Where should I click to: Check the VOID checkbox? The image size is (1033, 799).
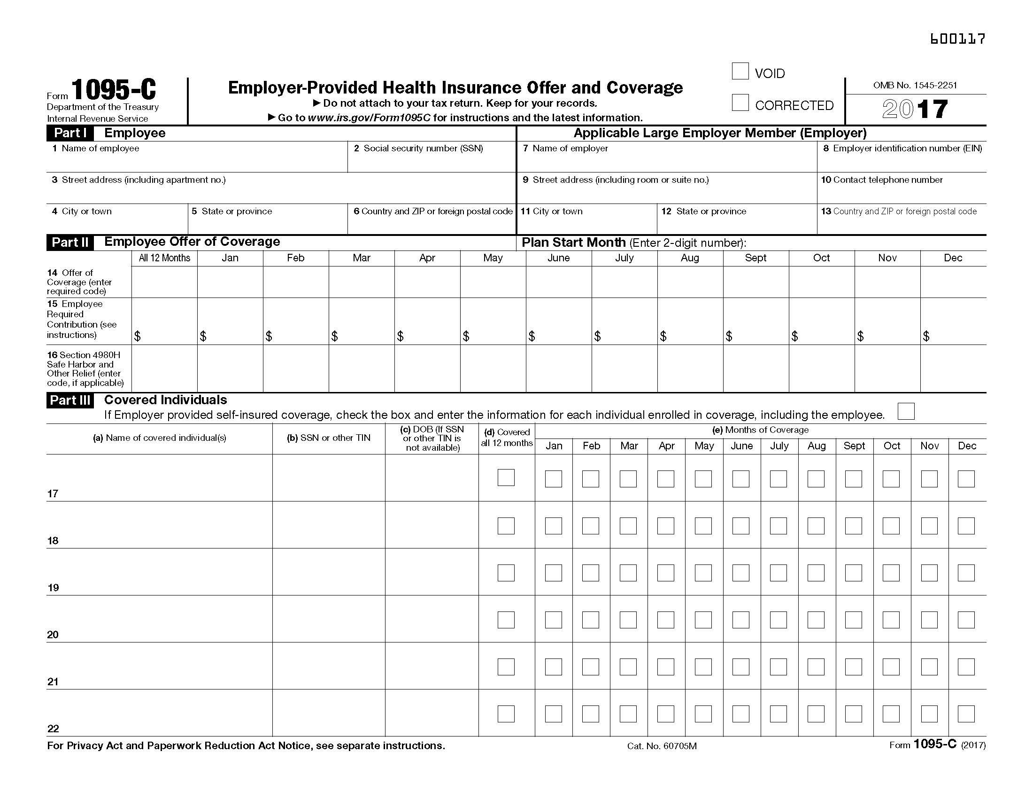click(x=740, y=71)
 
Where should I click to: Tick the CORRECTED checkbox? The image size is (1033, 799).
click(x=740, y=103)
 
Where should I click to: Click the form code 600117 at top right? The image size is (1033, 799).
click(x=957, y=39)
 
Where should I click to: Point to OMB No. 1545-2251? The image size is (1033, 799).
click(x=915, y=86)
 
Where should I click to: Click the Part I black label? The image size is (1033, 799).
click(x=70, y=133)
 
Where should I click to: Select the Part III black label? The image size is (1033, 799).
click(x=70, y=400)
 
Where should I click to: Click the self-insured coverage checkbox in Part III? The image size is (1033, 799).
click(x=906, y=411)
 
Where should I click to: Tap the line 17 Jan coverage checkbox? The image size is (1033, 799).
click(x=554, y=478)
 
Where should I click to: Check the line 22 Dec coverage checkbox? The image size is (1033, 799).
click(x=966, y=714)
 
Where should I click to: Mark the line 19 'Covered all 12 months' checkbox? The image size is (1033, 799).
click(x=506, y=573)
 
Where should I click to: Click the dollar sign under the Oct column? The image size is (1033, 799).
click(x=794, y=336)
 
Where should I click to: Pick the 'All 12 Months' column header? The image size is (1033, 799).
click(x=164, y=258)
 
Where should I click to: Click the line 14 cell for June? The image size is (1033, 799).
click(x=559, y=282)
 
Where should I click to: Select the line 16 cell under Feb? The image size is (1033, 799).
click(x=296, y=368)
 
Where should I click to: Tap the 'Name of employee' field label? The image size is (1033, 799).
click(x=100, y=149)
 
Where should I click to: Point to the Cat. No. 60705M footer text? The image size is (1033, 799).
click(x=662, y=746)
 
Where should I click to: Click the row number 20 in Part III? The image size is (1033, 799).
click(x=53, y=635)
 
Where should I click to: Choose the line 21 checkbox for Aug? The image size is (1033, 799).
click(x=816, y=667)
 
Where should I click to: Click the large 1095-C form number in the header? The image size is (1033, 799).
click(x=114, y=90)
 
